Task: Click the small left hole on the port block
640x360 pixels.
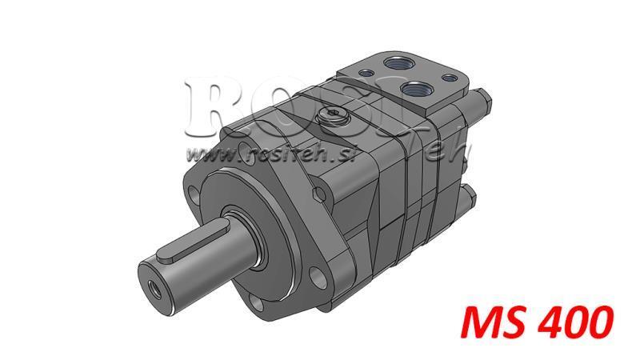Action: (x=368, y=74)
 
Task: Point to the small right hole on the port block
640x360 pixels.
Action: (x=449, y=78)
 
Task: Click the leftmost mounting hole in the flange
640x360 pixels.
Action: (x=194, y=194)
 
